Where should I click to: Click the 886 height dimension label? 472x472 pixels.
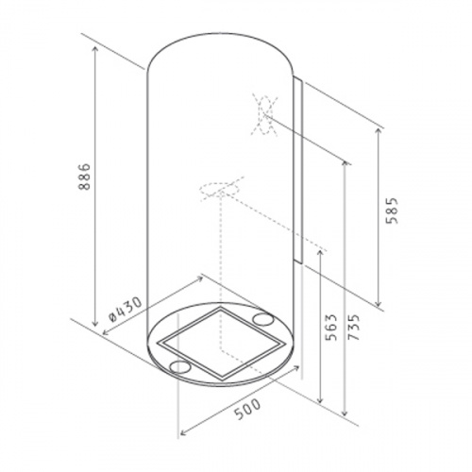tap(84, 177)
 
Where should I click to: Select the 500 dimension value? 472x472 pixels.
tap(248, 410)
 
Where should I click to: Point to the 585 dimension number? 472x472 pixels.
tap(392, 211)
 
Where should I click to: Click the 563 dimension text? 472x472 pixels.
tap(331, 328)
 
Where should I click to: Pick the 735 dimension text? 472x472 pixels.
tap(353, 328)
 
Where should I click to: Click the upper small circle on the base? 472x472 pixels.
tap(263, 319)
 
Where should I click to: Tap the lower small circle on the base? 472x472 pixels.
tap(180, 366)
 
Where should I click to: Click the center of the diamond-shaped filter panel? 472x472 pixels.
tap(220, 344)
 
